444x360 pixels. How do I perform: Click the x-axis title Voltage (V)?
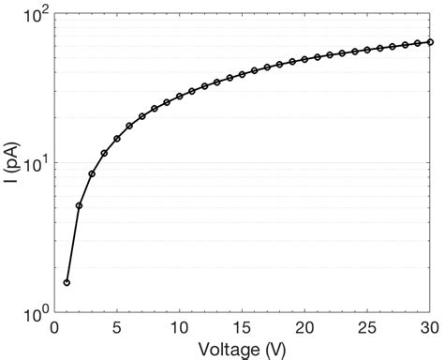[243, 349]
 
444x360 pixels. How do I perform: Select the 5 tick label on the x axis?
[117, 327]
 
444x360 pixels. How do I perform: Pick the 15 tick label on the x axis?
[242, 327]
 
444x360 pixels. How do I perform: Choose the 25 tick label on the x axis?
[367, 327]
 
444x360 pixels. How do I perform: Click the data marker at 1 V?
[67, 282]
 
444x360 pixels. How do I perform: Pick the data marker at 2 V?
[79, 205]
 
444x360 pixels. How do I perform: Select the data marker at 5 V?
[117, 139]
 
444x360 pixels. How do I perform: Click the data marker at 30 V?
[430, 41]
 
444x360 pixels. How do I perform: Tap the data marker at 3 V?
[92, 173]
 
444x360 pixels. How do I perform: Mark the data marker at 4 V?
[104, 153]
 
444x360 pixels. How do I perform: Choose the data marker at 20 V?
[304, 59]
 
